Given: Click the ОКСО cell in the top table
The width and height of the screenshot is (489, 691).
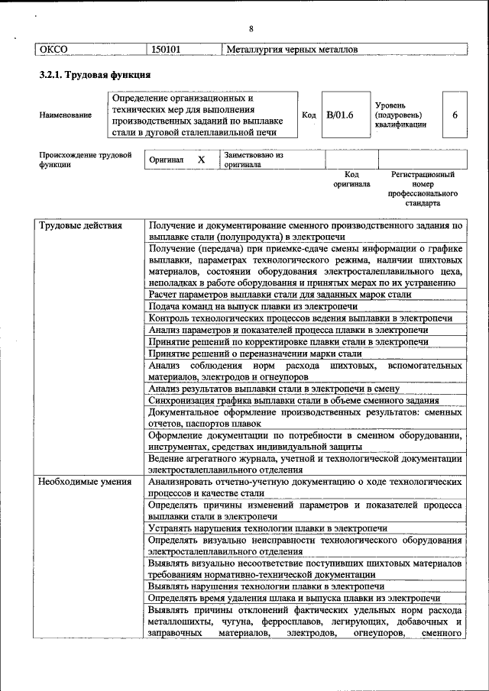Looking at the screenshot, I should pyautogui.click(x=53, y=50).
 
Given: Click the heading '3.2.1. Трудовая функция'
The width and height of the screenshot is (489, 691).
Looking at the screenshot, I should pyautogui.click(x=95, y=76).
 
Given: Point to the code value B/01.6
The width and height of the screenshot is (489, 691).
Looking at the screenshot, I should pyautogui.click(x=340, y=115).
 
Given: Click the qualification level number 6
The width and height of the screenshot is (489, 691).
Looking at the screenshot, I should pyautogui.click(x=455, y=115).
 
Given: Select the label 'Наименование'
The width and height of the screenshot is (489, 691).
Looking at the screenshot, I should pyautogui.click(x=65, y=115).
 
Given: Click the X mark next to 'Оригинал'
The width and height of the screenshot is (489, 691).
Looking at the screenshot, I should pyautogui.click(x=201, y=160).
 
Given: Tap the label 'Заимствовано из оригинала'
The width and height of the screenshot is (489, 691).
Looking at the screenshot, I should pyautogui.click(x=253, y=160).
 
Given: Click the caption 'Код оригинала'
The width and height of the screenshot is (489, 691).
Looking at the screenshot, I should pyautogui.click(x=351, y=179).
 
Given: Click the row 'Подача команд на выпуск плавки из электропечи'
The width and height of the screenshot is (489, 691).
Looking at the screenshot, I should pyautogui.click(x=253, y=306).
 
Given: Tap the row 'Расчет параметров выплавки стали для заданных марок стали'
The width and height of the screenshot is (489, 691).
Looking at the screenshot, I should pyautogui.click(x=280, y=294).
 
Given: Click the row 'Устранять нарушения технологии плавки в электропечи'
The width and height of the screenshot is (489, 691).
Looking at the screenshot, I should pyautogui.click(x=267, y=528).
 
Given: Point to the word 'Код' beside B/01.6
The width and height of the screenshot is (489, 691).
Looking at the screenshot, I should pyautogui.click(x=309, y=115).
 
